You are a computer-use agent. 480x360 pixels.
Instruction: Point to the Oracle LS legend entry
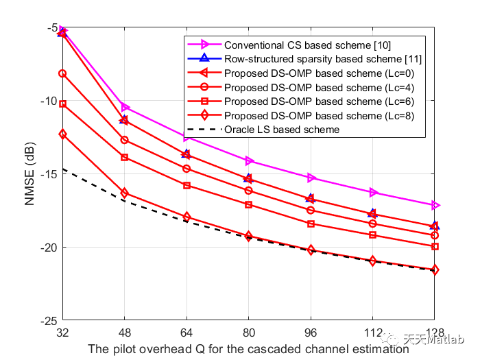click(281, 129)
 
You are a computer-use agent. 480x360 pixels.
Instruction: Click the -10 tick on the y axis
click(49, 101)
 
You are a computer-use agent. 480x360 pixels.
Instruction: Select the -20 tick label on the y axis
click(49, 248)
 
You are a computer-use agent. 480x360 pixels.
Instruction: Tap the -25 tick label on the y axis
click(49, 321)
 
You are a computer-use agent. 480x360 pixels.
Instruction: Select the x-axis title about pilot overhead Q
click(248, 348)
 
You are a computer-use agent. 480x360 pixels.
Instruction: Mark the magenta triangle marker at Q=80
click(249, 161)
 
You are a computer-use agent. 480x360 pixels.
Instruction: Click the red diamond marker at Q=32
click(63, 134)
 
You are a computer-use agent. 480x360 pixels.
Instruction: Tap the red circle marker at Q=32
click(63, 73)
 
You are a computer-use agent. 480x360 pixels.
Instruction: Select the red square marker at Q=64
click(187, 185)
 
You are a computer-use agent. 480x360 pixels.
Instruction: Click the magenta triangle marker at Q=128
click(435, 205)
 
